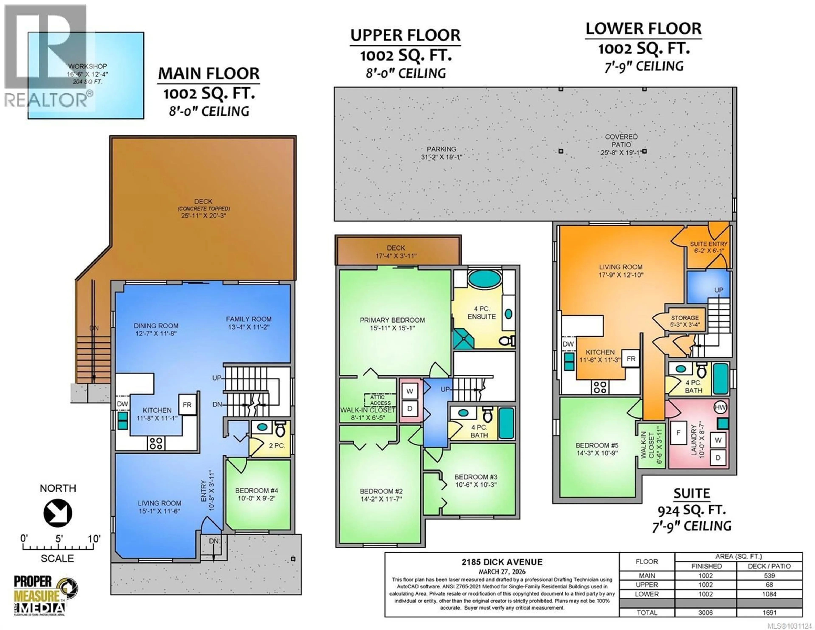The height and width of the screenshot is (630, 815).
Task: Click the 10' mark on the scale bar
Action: [x=94, y=539]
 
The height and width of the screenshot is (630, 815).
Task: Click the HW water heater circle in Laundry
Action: [x=720, y=407]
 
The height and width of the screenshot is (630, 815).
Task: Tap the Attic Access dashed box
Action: [x=380, y=400]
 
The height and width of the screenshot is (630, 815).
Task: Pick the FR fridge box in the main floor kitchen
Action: [x=187, y=404]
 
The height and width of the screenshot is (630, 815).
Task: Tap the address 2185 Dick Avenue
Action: [x=502, y=562]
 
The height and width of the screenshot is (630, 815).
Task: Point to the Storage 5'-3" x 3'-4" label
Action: [x=684, y=321]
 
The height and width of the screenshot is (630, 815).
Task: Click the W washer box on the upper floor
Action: [x=410, y=391]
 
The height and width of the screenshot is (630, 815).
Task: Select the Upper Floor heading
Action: [x=405, y=35]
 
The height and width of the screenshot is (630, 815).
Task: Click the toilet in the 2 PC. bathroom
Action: [x=280, y=430]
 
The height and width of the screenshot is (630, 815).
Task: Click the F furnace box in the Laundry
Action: [x=678, y=433]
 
